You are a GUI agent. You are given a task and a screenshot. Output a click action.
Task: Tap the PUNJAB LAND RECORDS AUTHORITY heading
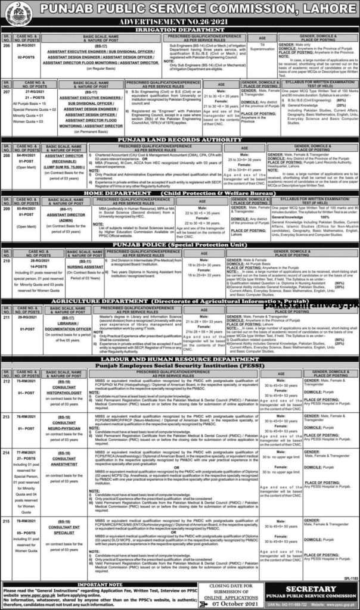point(179,139)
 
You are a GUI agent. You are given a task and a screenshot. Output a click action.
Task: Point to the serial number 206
point(8,45)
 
